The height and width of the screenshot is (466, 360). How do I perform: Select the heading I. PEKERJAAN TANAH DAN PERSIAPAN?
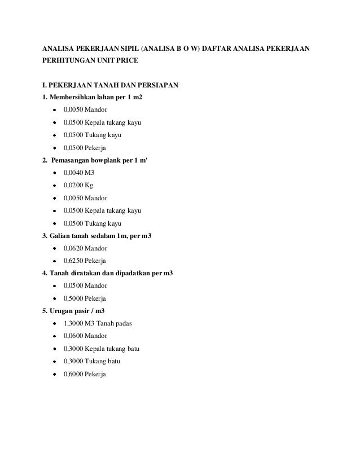(x=107, y=86)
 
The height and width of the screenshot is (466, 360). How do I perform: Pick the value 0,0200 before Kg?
(x=72, y=186)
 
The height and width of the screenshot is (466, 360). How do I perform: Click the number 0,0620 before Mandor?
(x=72, y=248)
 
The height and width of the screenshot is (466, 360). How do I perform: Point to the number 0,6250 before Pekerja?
(x=72, y=261)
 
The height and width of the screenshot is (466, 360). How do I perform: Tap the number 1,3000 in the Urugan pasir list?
(x=72, y=324)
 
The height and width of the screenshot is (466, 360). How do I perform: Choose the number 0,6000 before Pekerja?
(x=72, y=373)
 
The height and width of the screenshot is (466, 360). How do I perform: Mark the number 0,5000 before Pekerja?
(x=72, y=298)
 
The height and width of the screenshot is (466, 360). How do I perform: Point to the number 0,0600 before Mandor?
(x=72, y=336)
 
